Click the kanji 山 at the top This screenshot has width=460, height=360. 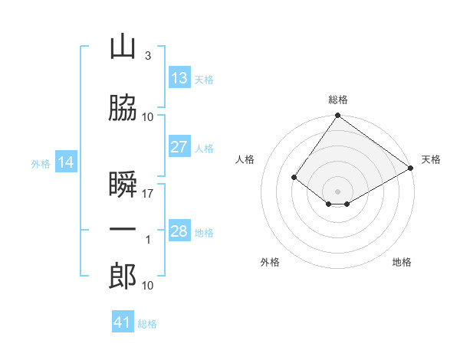123,47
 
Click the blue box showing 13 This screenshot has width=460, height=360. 179,78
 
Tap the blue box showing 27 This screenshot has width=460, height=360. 179,147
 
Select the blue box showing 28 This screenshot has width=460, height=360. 179,231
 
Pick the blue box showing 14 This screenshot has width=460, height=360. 66,162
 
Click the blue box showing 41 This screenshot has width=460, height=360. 123,322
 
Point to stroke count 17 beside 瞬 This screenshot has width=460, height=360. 148,194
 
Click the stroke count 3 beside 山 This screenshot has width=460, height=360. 147,56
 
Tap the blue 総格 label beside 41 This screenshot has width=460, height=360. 147,324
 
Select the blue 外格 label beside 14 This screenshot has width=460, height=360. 41,163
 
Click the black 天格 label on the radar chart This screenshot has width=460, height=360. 431,159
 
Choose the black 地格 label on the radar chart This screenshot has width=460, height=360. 402,262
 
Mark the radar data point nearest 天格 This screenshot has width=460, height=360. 411,168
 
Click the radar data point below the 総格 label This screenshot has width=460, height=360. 337,116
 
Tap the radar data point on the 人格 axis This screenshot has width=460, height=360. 294,177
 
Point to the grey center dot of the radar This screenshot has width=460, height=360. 337,191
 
